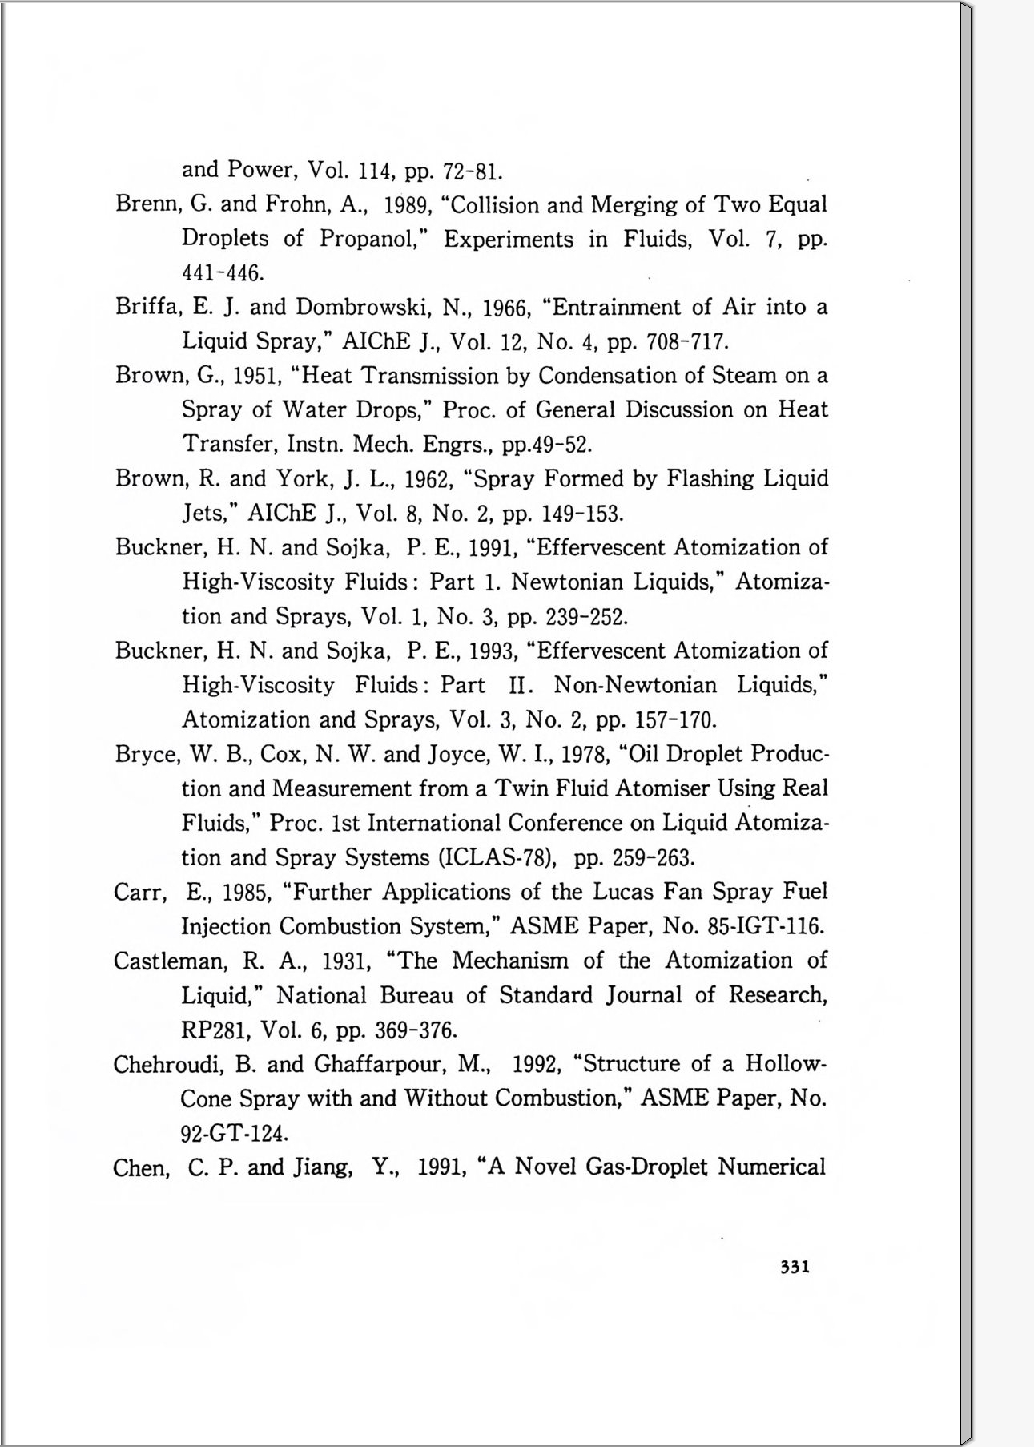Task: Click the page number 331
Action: click(x=795, y=1267)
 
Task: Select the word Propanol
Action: click(x=371, y=239)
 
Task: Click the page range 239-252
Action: click(x=585, y=617)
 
